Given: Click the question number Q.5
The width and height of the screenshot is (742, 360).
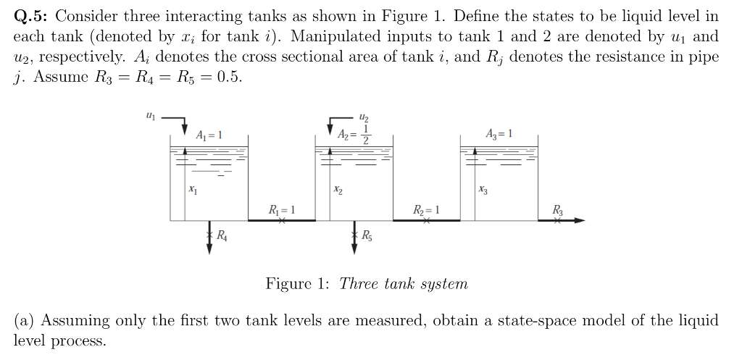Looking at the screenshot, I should (x=33, y=15).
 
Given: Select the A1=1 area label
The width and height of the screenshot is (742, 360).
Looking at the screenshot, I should (x=209, y=135).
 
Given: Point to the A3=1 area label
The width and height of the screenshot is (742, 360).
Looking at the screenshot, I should (x=501, y=134).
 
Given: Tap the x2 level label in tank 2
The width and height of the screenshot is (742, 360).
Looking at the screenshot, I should (x=338, y=190).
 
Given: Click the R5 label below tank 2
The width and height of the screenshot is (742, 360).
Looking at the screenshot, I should (x=367, y=235).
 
